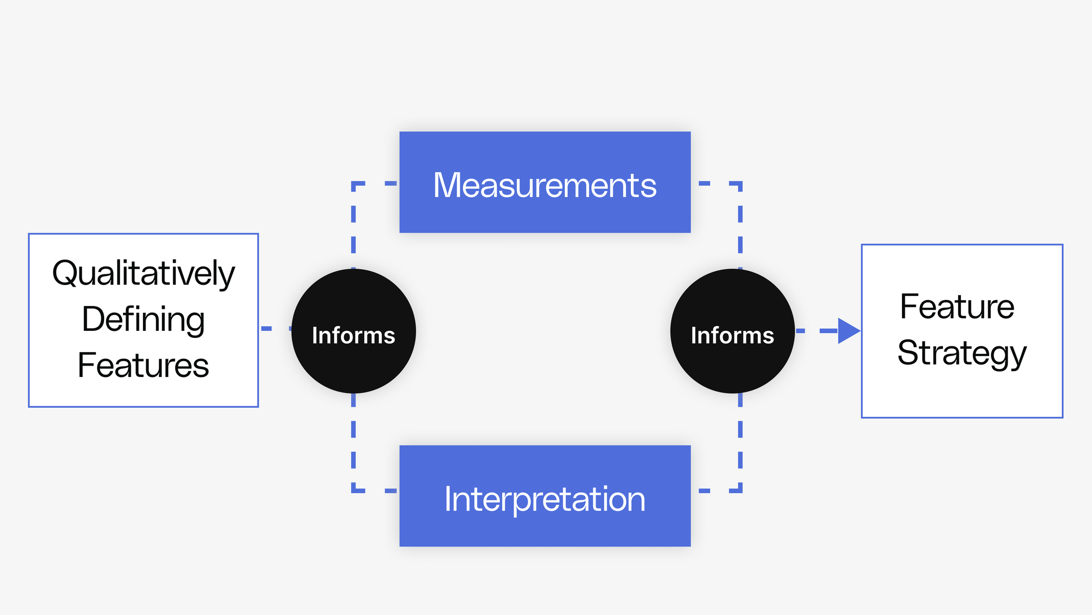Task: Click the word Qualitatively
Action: click(x=143, y=273)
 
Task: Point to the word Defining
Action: click(x=143, y=319)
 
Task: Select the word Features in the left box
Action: click(x=143, y=365)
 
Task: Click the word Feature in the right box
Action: click(x=957, y=307)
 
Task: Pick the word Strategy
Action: click(x=961, y=353)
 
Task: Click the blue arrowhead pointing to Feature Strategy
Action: click(x=848, y=331)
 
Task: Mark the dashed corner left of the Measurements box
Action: click(x=354, y=184)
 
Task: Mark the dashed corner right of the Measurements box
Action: click(x=739, y=184)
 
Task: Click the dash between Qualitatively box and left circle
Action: click(x=267, y=328)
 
